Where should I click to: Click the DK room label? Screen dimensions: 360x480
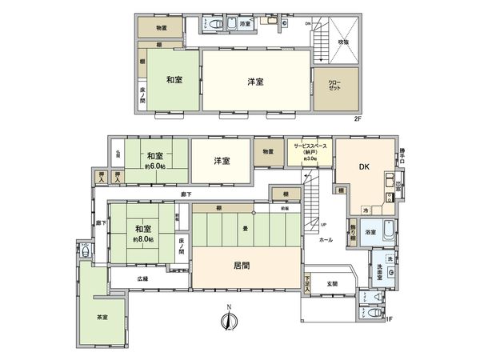point(362,167)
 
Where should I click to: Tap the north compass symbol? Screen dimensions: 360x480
point(229,321)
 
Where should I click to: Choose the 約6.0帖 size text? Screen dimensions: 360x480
point(155,166)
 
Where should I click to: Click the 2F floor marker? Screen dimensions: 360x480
point(358,118)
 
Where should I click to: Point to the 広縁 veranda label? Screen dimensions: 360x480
point(142,279)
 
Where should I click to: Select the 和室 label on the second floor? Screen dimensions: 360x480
point(174,79)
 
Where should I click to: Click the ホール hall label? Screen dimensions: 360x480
point(326,238)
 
